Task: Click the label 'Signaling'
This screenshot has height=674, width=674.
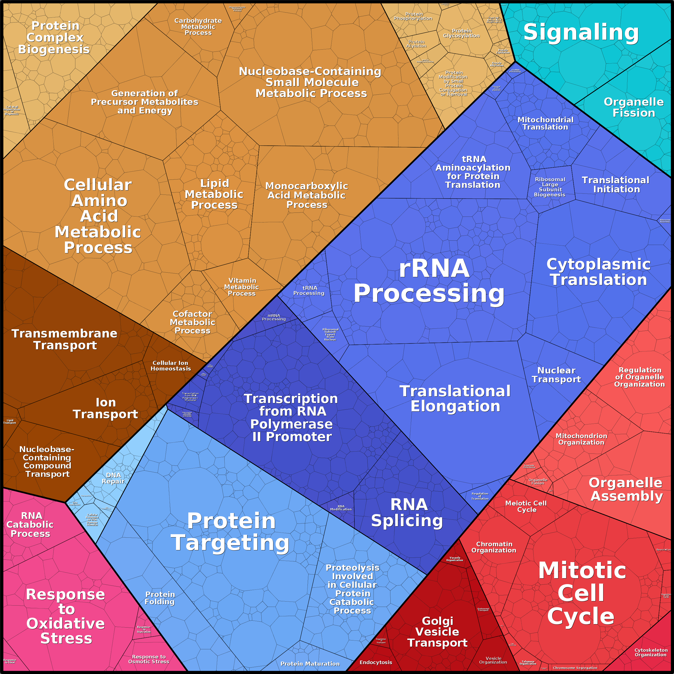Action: coord(581,32)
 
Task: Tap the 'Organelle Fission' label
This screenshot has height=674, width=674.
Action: coord(633,107)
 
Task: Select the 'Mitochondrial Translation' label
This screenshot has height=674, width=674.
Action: coord(545,123)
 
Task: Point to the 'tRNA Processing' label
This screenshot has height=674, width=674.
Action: coord(309,290)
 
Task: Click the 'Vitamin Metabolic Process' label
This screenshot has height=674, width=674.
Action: coord(242,287)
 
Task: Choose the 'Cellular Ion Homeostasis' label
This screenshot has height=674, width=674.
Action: coord(171,366)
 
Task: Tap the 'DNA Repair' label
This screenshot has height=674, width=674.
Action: coord(113,478)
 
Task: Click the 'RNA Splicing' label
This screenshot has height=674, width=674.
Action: coord(407,512)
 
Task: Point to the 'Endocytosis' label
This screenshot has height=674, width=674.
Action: coord(376,662)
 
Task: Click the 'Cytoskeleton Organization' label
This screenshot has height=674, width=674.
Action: coord(651,652)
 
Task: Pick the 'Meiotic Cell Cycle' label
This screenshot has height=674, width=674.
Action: coord(526,506)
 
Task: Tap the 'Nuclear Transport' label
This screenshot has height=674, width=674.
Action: coord(556,375)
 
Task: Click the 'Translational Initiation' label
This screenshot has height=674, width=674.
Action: coord(616,185)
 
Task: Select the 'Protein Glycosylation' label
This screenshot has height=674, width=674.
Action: coord(461,33)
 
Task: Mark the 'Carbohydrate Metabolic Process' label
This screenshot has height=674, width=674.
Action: coord(198,27)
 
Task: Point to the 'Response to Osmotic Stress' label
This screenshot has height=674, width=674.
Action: coord(149,659)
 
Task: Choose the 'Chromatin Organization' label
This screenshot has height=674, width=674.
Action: coord(494,547)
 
